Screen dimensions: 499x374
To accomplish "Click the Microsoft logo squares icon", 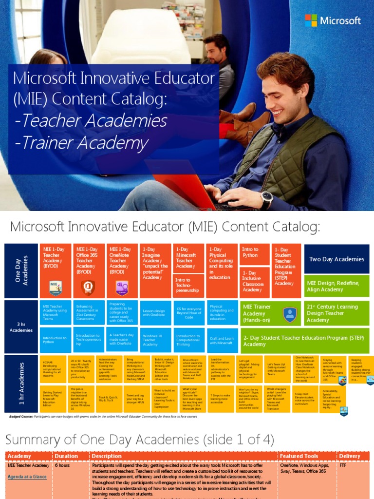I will click(311, 20).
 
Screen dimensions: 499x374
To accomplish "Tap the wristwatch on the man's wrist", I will click(266, 199).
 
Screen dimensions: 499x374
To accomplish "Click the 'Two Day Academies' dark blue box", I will click(337, 259).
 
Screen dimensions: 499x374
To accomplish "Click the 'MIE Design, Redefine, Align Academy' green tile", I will click(337, 286).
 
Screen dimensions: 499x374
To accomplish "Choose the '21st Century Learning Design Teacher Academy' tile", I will click(337, 313).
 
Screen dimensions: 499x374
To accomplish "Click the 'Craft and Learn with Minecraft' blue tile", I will click(222, 340).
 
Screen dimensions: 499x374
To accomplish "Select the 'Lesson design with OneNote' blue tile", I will click(155, 313).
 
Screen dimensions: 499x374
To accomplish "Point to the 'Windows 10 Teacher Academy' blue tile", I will click(155, 340).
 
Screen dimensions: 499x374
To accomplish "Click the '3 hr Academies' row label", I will click(21, 327).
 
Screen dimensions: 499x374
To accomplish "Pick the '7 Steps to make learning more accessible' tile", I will click(222, 399).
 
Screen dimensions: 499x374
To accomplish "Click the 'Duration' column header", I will click(66, 456).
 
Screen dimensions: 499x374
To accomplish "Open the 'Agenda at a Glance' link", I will click(27, 477).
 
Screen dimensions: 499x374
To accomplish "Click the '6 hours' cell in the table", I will click(62, 465).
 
